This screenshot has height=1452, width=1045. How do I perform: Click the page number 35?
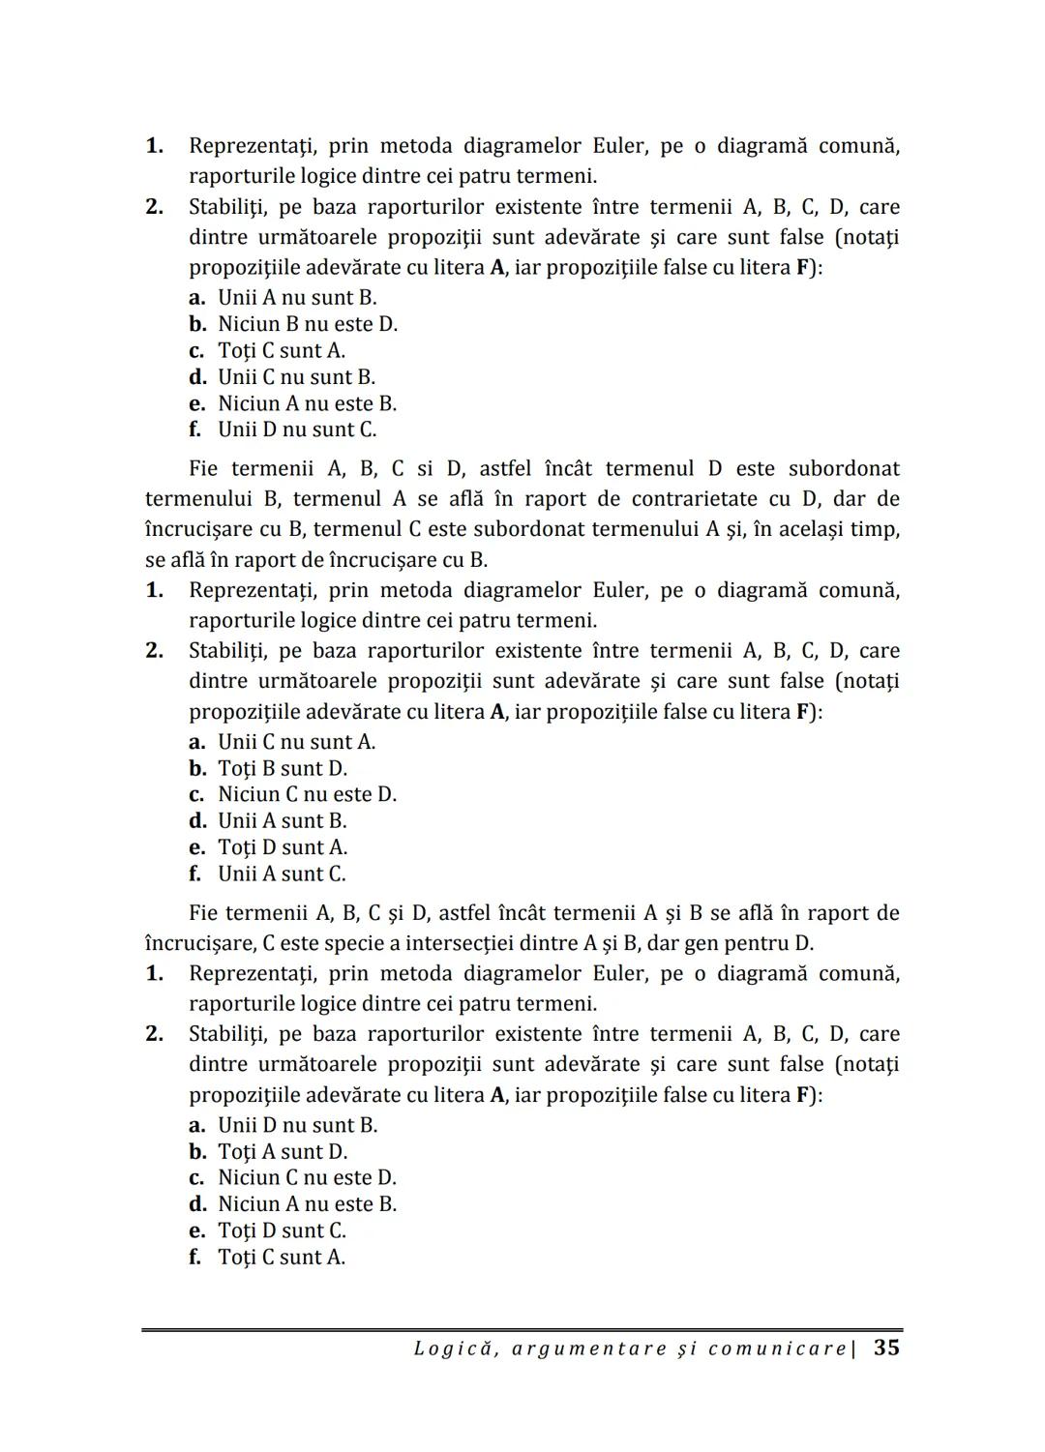coord(886,1348)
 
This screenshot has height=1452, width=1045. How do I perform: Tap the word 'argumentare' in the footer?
coord(587,1348)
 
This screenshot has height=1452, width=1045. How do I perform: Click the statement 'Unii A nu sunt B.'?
coord(297,298)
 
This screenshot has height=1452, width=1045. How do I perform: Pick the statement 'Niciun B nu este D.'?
coord(308,324)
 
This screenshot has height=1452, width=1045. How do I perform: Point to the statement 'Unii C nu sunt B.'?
coord(296,377)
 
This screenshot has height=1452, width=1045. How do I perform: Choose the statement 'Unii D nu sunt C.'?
coord(297,430)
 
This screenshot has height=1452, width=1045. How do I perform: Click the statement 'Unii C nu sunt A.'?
coord(296,742)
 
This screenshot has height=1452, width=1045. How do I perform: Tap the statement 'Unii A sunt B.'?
coord(282,821)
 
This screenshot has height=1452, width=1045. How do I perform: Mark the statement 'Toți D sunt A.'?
coord(283,847)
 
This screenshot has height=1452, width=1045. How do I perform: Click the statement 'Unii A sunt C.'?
coord(282,874)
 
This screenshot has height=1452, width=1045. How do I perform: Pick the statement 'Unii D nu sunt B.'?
coord(297,1125)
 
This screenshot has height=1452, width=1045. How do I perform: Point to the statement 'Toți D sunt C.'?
coord(282,1230)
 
